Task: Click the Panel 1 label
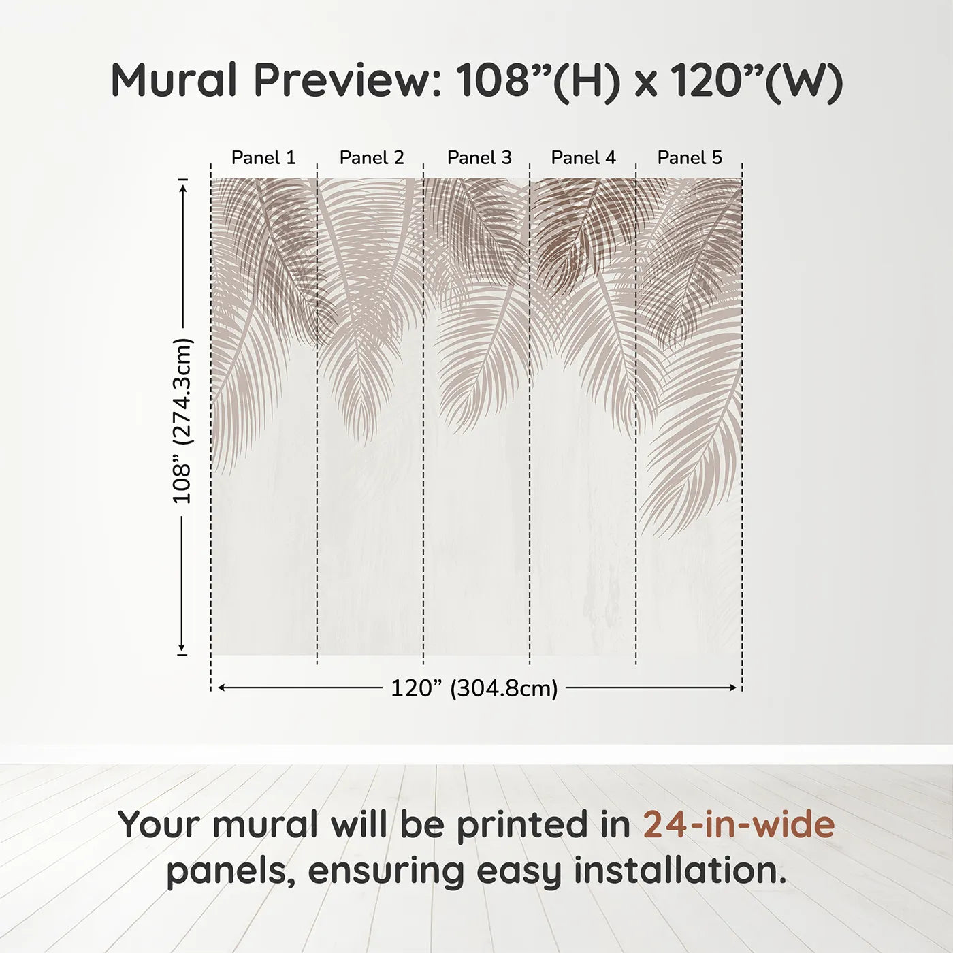pos(263,158)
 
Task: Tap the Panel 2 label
pos(372,158)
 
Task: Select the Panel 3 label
pos(479,158)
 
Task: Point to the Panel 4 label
pos(583,158)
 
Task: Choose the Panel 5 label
pos(690,158)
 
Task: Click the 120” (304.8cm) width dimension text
pos(474,689)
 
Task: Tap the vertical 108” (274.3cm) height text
pos(182,421)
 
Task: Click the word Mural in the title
pos(174,80)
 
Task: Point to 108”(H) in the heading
pos(538,80)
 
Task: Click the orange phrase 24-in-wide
pos(739,824)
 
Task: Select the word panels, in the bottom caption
pos(231,872)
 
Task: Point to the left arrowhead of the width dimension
pos(221,688)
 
